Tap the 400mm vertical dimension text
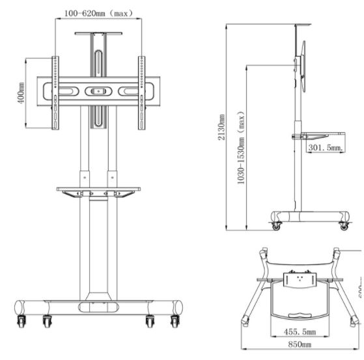(x=21, y=93)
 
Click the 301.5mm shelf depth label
(x=325, y=148)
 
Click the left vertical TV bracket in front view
(x=55, y=93)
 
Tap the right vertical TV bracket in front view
(x=141, y=93)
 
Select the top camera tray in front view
(x=98, y=30)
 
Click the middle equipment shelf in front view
(x=98, y=191)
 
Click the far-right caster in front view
(x=175, y=321)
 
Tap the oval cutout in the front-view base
(x=98, y=305)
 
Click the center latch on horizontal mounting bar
(x=98, y=91)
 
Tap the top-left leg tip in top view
(x=262, y=252)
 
